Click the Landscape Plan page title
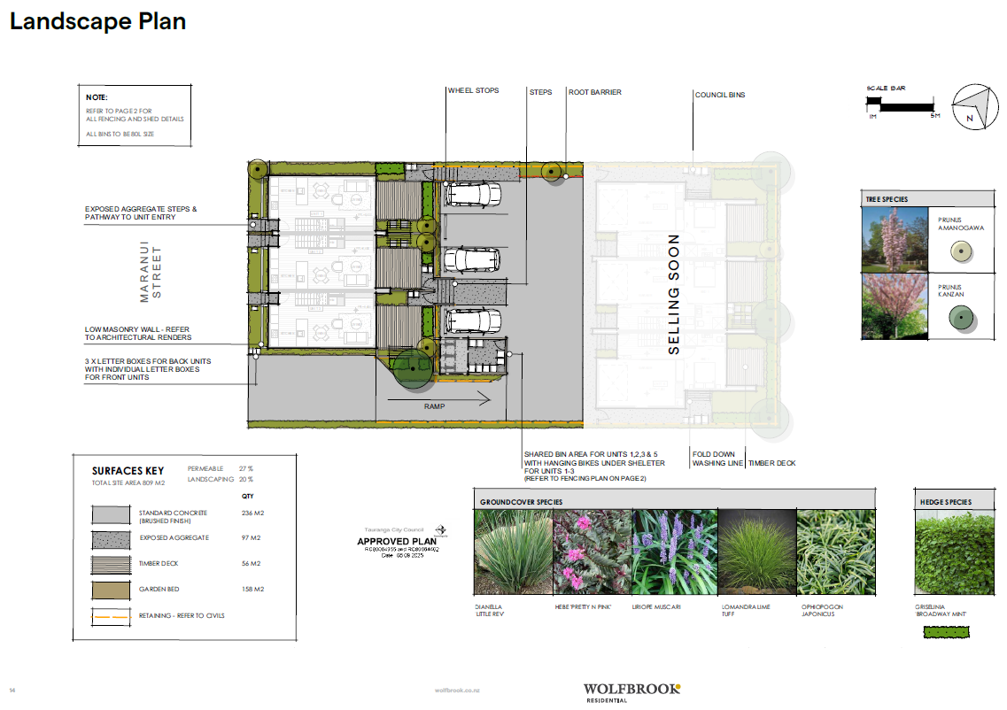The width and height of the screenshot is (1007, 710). pyautogui.click(x=97, y=21)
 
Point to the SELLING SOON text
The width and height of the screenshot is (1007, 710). pyautogui.click(x=674, y=294)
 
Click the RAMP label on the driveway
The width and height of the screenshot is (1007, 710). pyautogui.click(x=434, y=406)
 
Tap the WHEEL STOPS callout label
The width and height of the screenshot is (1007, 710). pyautogui.click(x=473, y=91)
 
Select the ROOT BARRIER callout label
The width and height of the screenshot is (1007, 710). pyautogui.click(x=594, y=92)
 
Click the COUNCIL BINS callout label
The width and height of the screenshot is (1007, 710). pyautogui.click(x=719, y=95)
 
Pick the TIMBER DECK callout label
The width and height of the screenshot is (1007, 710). pyautogui.click(x=772, y=463)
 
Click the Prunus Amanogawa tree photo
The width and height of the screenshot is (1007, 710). pyautogui.click(x=894, y=239)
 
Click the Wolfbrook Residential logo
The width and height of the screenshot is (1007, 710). pyautogui.click(x=631, y=691)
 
